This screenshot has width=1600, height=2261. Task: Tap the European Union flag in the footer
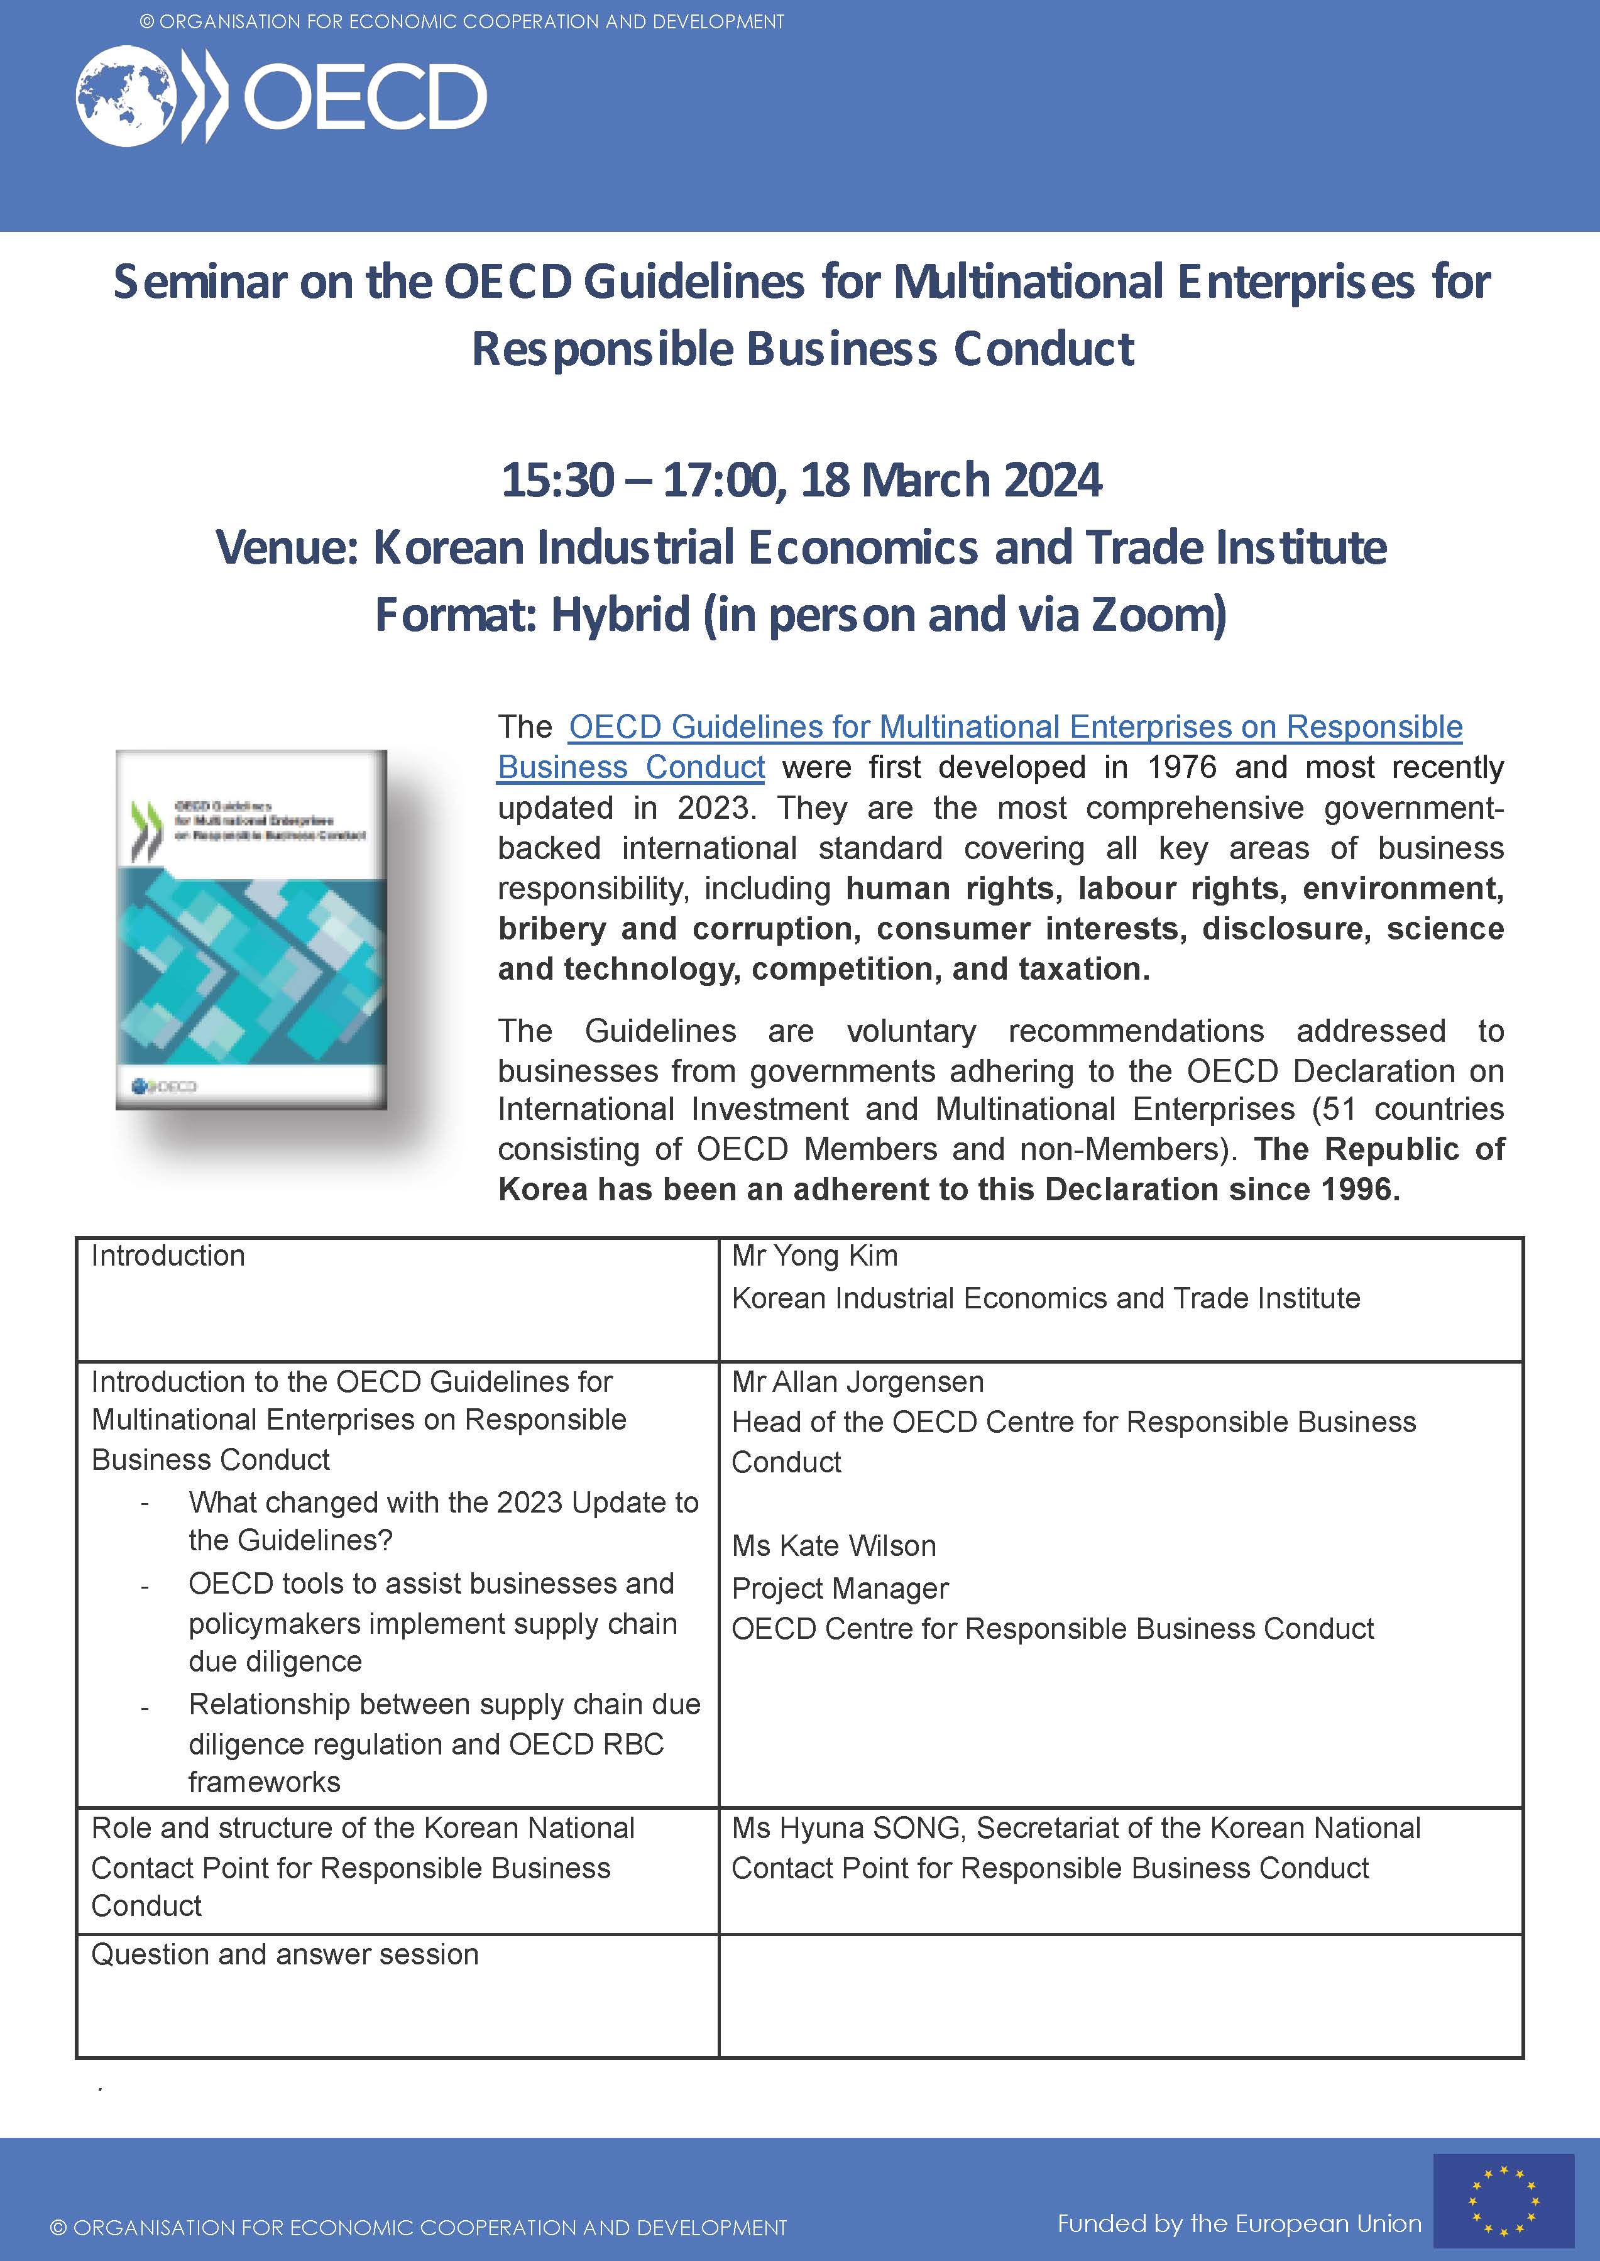pos(1503,2200)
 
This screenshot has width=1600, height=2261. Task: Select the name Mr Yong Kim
pos(815,1256)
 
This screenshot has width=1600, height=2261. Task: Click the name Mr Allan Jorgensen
pos(857,1382)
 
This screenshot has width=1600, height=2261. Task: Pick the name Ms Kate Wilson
pos(833,1546)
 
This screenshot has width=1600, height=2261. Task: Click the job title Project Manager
pos(840,1588)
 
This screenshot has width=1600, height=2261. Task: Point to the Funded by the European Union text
pos(1239,2223)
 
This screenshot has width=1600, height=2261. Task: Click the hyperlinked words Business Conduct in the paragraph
pos(630,767)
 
